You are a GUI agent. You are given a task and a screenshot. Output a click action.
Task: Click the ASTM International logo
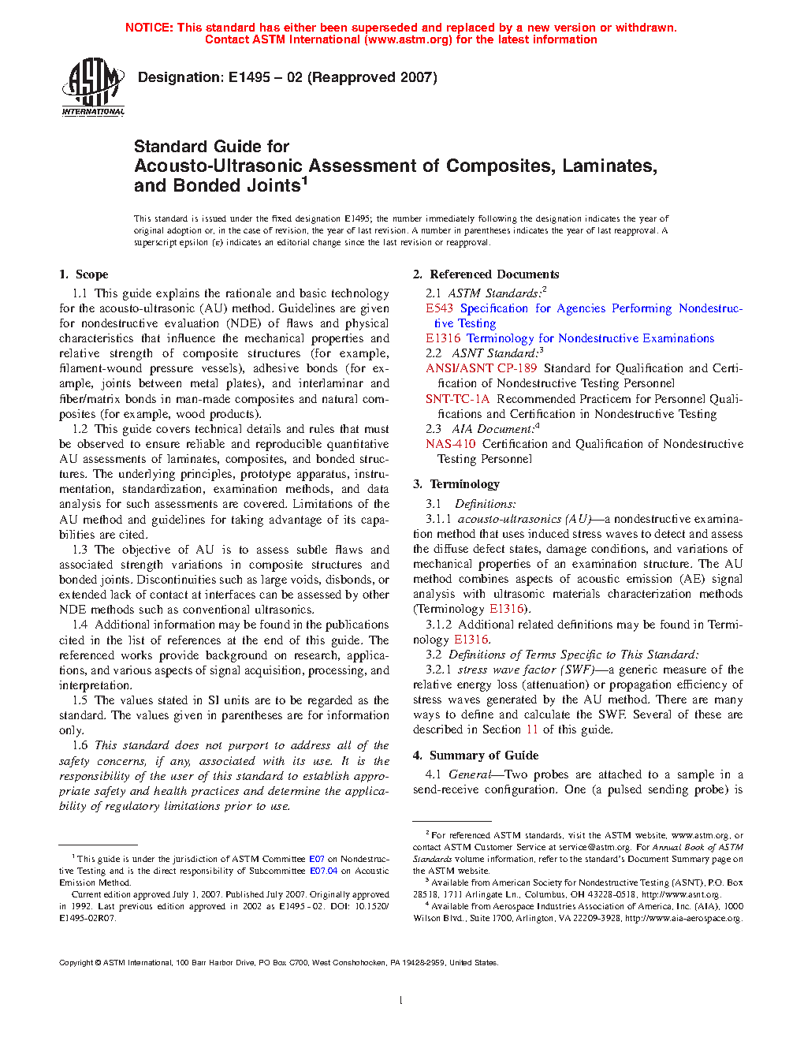pyautogui.click(x=93, y=87)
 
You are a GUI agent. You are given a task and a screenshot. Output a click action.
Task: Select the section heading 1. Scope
pyautogui.click(x=84, y=274)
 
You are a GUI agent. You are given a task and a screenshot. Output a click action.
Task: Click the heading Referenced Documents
pyautogui.click(x=494, y=274)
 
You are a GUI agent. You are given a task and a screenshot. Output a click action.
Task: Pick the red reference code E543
pyautogui.click(x=439, y=308)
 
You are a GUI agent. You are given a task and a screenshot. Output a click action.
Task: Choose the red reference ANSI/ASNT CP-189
pyautogui.click(x=481, y=368)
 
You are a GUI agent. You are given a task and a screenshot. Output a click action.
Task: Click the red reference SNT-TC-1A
pyautogui.click(x=457, y=399)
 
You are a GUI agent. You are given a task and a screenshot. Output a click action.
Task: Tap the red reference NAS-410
pyautogui.click(x=450, y=444)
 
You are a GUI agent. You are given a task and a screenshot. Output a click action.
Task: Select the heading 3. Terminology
pyautogui.click(x=456, y=484)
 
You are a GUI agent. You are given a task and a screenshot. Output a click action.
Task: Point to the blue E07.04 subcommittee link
pyautogui.click(x=323, y=871)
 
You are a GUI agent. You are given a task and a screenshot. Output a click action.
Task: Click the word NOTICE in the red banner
pyautogui.click(x=149, y=28)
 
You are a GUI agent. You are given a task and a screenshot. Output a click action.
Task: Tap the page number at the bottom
pyautogui.click(x=401, y=1000)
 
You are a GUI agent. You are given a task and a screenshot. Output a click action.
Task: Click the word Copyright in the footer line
pyautogui.click(x=76, y=962)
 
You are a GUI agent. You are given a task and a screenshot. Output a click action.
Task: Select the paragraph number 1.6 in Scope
pyautogui.click(x=80, y=745)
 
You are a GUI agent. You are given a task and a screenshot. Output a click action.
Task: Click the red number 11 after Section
pyautogui.click(x=532, y=729)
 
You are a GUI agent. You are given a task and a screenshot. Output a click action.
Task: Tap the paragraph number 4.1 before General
pyautogui.click(x=433, y=774)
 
